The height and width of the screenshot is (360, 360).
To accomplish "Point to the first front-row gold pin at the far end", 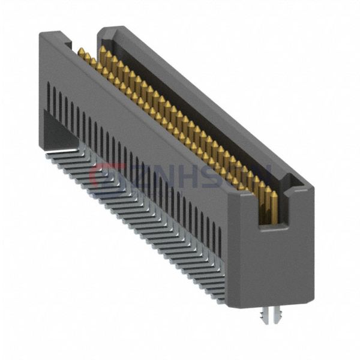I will pyautogui.click(x=80, y=53).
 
